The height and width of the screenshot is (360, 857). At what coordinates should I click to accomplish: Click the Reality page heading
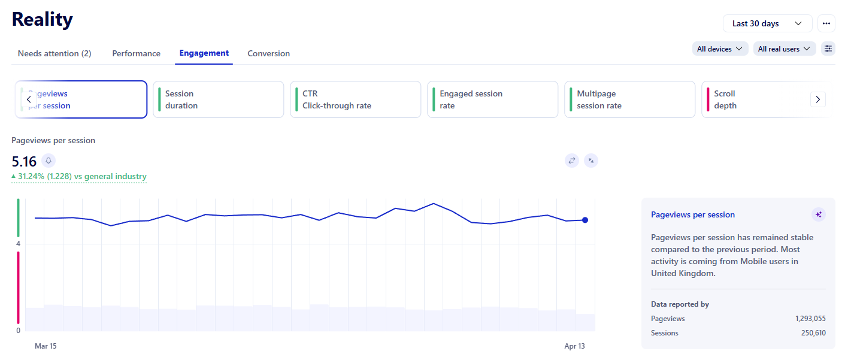point(43,20)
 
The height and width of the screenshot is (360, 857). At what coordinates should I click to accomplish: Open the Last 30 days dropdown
point(767,23)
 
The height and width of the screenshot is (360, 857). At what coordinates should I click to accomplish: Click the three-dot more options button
point(826,23)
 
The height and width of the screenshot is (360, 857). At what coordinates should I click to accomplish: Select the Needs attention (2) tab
point(54,53)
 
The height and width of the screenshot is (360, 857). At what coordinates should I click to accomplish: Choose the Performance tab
point(136,53)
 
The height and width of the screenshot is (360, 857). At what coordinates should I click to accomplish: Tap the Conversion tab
point(268,53)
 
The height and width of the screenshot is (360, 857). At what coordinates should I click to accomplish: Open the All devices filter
point(720,49)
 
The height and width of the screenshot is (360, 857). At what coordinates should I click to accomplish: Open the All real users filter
point(784,49)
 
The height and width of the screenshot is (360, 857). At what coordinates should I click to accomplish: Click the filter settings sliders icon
point(828,49)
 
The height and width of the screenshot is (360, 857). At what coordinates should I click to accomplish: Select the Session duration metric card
point(218,99)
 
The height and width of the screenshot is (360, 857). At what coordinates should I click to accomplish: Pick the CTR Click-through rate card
point(355,99)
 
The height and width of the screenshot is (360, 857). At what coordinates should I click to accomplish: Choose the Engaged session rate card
point(492,99)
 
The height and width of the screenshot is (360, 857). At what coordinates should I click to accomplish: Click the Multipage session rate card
point(629,99)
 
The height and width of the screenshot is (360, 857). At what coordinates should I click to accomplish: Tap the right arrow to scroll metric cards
point(817,99)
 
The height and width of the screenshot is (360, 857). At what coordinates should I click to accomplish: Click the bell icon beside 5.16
point(49,161)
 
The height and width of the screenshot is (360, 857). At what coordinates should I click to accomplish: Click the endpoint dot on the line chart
point(585,220)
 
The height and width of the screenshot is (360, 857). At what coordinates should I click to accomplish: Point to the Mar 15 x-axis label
point(46,346)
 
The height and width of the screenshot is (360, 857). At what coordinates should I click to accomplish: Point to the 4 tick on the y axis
point(18,244)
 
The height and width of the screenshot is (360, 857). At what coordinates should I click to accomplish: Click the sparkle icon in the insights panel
point(818,214)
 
